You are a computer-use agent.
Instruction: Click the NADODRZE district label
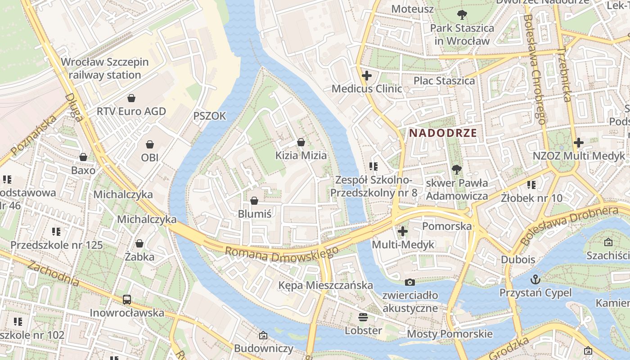click(x=443, y=133)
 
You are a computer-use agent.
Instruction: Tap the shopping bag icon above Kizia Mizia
click(x=301, y=143)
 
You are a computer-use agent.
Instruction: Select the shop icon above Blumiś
click(x=254, y=201)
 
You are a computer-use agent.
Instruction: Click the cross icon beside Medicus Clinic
click(x=367, y=76)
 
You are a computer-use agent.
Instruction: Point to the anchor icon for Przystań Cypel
click(x=535, y=279)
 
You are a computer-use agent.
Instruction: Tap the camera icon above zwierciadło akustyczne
click(x=409, y=282)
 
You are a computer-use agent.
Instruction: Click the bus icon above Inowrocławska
click(x=127, y=299)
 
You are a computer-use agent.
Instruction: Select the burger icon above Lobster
click(x=363, y=317)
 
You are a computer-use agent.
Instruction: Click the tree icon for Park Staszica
click(x=462, y=15)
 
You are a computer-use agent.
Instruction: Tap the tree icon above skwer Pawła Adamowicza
click(x=457, y=170)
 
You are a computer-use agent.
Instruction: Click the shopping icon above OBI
click(x=150, y=144)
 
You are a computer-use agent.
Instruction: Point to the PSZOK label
click(x=209, y=116)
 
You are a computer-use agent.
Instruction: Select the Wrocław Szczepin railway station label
click(x=104, y=68)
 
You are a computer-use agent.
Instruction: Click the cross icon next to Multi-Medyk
click(x=403, y=231)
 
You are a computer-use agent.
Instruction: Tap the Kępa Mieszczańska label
click(x=325, y=285)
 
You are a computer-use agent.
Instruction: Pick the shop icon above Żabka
click(x=139, y=243)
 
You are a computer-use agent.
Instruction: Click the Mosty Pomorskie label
click(x=450, y=334)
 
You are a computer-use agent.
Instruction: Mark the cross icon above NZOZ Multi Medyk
click(x=579, y=143)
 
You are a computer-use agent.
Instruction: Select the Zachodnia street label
click(x=53, y=273)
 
